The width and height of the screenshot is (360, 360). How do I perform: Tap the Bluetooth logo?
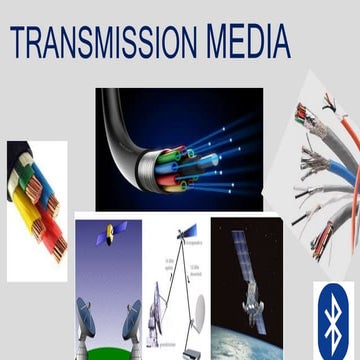[x=336, y=318]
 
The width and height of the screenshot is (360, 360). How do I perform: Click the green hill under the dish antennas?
[x=110, y=350]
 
